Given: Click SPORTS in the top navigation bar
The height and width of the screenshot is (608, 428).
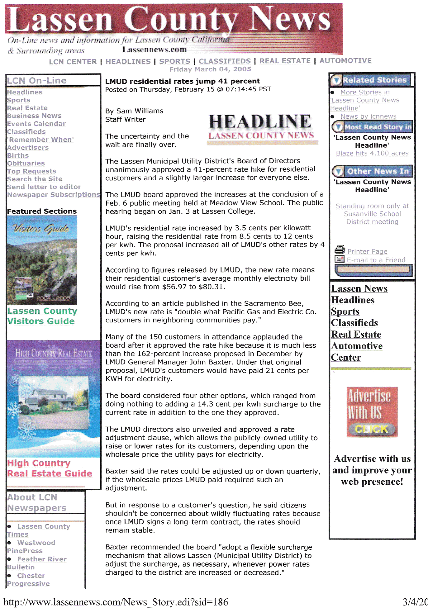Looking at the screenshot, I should coord(174,61).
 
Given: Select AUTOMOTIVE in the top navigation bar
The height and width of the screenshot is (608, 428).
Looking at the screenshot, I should coord(345,61).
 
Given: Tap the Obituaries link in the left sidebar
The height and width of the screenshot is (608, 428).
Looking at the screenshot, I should coord(26,163).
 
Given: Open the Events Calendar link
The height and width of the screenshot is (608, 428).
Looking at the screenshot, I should coord(36,124).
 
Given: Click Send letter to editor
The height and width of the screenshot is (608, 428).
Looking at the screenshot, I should coord(44,187).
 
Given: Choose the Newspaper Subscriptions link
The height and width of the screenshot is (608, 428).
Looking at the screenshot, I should coord(53,195).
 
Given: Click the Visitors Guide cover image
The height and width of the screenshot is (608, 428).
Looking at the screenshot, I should coord(42,260).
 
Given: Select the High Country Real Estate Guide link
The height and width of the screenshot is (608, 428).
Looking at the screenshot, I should coord(50,468).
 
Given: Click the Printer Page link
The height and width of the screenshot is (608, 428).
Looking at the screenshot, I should coord(367,251).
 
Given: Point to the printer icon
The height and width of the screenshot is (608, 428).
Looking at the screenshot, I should coord(340,249).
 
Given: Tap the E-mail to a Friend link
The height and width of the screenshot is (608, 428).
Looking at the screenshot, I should coord(376,260).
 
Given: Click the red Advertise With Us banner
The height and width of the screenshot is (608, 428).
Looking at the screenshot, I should coord(372,411).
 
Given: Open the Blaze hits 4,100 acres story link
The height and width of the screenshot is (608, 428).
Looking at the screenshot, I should coord(372,153).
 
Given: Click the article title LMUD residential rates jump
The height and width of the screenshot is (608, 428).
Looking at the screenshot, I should coord(182,81).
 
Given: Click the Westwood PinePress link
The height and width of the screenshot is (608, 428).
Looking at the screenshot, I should coord(31,546).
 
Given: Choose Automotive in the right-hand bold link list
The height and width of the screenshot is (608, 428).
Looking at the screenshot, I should coord(357,346).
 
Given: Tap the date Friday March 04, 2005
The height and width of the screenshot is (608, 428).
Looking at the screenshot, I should coord(210,69).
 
